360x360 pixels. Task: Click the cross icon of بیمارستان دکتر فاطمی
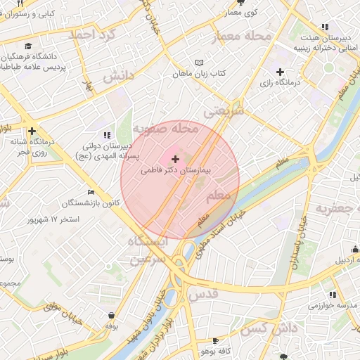(x=175, y=160)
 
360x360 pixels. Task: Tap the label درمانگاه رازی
(x=281, y=83)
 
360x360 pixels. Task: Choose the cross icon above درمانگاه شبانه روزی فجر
(x=32, y=131)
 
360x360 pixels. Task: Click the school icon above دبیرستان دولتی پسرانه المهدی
(x=106, y=134)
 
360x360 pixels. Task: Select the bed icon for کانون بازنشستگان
(x=90, y=192)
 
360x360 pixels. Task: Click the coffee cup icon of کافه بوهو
(x=209, y=338)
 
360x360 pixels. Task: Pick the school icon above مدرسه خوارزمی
(x=332, y=295)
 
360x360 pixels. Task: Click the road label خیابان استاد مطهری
(x=224, y=231)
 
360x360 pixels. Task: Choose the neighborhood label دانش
(x=119, y=76)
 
